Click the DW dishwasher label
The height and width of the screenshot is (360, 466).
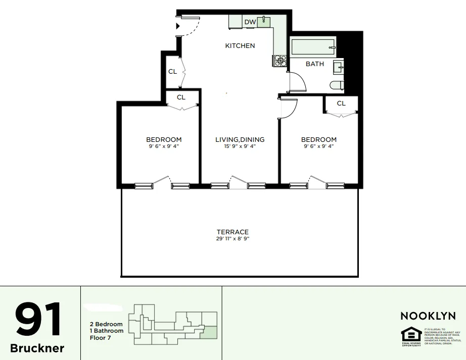250,22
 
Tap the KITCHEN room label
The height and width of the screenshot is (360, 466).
240,46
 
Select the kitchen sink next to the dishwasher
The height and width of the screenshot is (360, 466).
264,21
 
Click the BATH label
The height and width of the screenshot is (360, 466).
315,64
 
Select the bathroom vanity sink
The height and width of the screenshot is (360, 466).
339,67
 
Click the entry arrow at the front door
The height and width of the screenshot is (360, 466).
178,26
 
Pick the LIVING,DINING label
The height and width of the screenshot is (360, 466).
240,140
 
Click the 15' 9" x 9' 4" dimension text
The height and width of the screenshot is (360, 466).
240,146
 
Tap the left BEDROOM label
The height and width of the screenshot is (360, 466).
164,140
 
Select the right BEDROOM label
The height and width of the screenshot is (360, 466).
319,140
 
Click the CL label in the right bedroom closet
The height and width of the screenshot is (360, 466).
341,104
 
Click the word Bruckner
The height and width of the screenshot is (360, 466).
37,349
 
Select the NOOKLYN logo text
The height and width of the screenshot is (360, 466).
428,316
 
